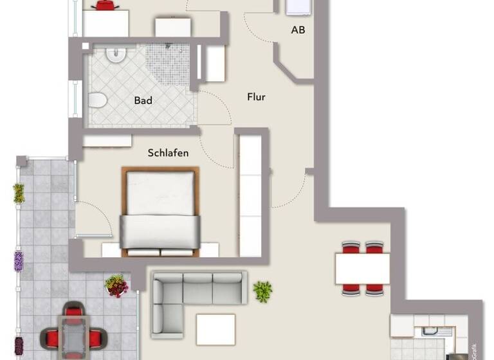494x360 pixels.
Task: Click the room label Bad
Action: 143,100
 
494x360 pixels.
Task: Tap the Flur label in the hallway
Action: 256,97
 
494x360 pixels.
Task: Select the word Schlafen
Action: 168,153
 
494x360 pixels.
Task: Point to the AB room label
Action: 298,30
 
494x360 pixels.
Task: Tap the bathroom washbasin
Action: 116,55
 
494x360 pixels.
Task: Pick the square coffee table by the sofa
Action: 215,329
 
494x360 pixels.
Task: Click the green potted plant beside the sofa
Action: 262,291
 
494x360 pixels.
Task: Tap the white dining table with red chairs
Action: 361,268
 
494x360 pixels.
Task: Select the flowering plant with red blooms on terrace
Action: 116,285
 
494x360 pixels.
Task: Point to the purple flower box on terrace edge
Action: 19,260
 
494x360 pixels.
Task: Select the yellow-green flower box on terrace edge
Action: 19,193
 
